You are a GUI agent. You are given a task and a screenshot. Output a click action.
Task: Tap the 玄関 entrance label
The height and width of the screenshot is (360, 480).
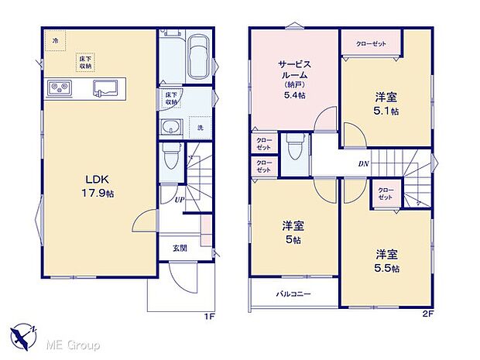click(x=179, y=249)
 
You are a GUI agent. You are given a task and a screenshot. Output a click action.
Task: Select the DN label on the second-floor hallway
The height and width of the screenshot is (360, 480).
click(x=363, y=163)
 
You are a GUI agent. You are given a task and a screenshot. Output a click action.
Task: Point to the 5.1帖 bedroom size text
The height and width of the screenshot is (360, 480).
click(x=387, y=111)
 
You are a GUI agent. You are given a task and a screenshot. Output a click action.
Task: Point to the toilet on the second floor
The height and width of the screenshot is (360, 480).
click(x=292, y=146)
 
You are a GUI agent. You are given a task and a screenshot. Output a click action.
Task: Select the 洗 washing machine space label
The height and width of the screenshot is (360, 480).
click(x=200, y=127)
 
